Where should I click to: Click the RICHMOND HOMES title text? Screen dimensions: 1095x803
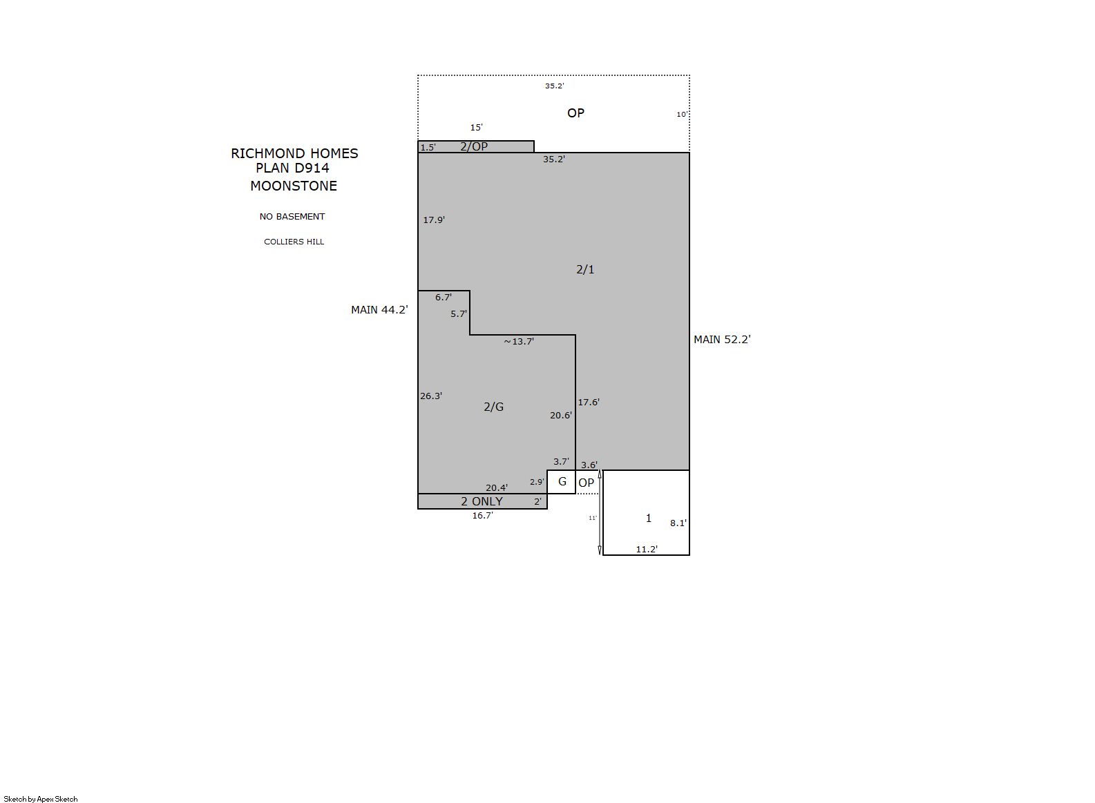[x=294, y=153]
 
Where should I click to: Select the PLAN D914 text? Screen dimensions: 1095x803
[x=292, y=168]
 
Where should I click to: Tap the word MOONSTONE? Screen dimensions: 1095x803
[x=294, y=186]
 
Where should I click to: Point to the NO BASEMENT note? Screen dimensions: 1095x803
[x=292, y=216]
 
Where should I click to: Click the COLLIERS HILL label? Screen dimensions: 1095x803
[x=294, y=242]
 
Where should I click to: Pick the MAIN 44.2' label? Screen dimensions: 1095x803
[x=379, y=310]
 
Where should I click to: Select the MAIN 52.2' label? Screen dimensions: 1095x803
[x=722, y=340]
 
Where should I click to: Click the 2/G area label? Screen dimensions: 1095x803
[x=493, y=407]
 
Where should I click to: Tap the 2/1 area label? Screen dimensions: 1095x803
[x=585, y=269]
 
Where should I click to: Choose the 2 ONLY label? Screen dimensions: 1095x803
[x=482, y=502]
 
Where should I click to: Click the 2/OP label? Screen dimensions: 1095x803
[x=474, y=146]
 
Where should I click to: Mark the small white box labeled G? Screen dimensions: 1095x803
[x=561, y=482]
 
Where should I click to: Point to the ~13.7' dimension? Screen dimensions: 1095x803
[x=519, y=341]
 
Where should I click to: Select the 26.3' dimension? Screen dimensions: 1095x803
[x=430, y=396]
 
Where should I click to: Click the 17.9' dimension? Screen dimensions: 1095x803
[x=434, y=220]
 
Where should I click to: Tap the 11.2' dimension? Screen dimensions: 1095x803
[x=646, y=550]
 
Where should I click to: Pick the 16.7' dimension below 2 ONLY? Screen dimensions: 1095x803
[x=482, y=515]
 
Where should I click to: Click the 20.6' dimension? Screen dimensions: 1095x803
[x=561, y=415]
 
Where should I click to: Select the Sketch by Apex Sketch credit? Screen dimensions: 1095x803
[x=41, y=799]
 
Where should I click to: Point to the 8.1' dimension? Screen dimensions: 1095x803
[x=678, y=523]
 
